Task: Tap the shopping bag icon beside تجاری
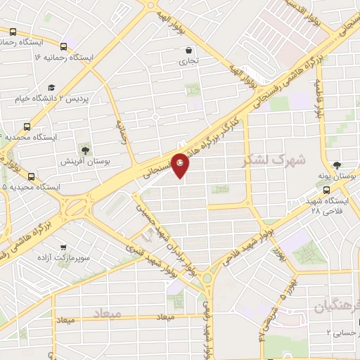click(188, 50)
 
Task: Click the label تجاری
click(188, 61)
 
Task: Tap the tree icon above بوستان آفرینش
click(86, 149)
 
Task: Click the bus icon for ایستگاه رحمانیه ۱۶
click(63, 41)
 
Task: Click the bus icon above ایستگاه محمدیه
click(27, 127)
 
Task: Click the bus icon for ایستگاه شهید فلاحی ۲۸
click(326, 189)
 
